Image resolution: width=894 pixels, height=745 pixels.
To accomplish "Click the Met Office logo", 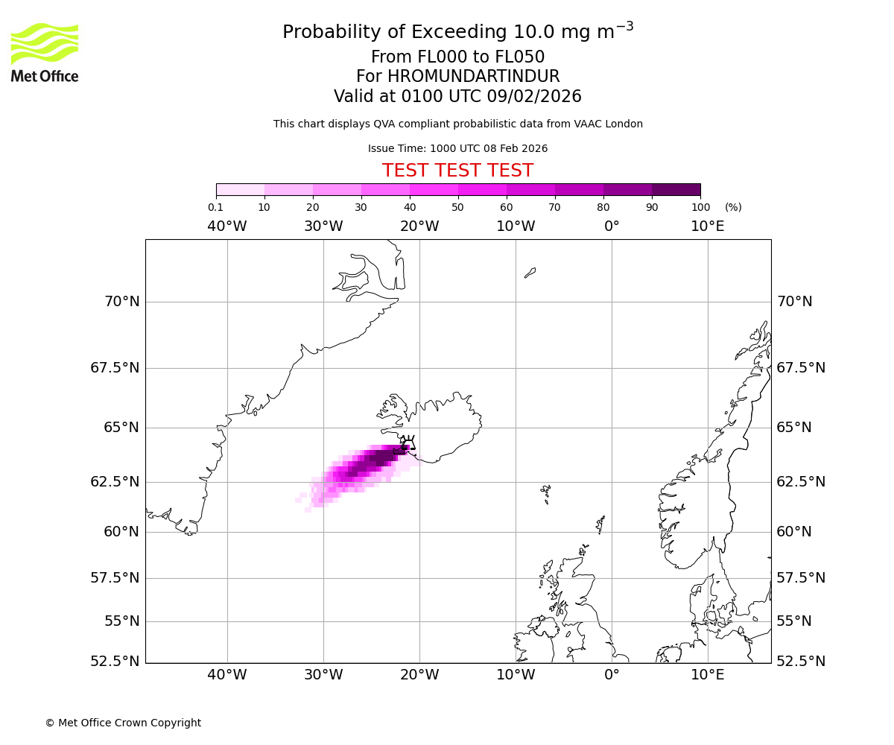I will coord(45,52).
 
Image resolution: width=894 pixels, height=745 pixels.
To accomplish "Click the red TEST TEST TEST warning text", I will coord(457,171).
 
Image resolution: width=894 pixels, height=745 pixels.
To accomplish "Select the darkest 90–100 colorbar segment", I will coord(676,189).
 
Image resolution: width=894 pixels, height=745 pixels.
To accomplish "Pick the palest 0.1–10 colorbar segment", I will coord(241,189).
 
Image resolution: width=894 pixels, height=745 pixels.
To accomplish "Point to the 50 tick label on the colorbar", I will coord(457,207).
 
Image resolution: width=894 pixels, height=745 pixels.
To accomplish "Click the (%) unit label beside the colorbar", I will coord(733,207).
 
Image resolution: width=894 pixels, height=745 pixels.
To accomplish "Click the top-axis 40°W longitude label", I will coord(227,226).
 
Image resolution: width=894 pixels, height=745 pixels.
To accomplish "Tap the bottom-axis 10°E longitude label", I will coord(707,675).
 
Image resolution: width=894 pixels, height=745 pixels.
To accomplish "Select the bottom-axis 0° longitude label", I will coord(612,675).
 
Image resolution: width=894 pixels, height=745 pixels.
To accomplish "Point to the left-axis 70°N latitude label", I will coord(121,302).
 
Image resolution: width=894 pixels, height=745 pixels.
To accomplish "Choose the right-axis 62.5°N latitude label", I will coord(801,482).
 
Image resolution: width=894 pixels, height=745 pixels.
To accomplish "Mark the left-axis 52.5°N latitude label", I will coord(114,662).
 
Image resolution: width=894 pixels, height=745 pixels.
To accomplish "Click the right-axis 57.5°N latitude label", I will coord(801,578).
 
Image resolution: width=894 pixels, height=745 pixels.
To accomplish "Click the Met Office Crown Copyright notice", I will coord(123,723).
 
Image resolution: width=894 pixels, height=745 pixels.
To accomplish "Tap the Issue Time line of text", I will coord(457,148).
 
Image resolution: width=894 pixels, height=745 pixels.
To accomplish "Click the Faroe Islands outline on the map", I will coord(546,492).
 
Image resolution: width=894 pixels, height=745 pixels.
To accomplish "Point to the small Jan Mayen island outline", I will coord(530,273).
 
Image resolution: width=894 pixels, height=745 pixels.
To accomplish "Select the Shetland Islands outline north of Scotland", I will coord(600,524).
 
